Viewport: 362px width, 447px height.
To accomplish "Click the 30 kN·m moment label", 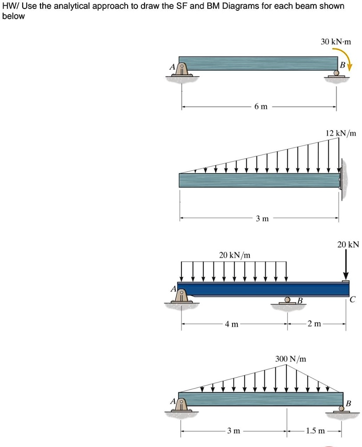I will (336, 42).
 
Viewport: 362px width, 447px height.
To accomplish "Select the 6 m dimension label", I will (261, 107).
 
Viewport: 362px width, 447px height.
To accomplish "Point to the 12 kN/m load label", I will (341, 133).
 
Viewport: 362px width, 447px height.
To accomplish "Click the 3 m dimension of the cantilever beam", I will (262, 218).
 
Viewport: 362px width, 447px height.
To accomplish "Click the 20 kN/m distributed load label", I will (235, 255).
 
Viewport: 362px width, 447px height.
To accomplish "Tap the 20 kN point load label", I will (348, 245).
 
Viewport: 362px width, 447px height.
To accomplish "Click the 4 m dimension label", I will (231, 324).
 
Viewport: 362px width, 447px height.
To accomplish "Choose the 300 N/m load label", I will (290, 358).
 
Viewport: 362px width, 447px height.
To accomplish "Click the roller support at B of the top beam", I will (337, 73).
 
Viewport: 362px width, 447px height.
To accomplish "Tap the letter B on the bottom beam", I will (348, 403).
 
